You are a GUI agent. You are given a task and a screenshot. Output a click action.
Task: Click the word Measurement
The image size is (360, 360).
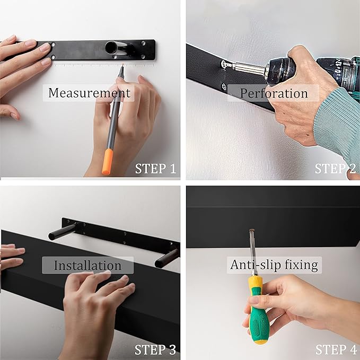[89, 93]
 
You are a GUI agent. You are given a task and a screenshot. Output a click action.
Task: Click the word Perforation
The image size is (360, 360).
[274, 93]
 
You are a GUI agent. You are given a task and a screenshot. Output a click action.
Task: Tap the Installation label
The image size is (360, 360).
[87, 265]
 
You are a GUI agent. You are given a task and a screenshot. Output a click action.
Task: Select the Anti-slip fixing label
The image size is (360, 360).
[274, 265]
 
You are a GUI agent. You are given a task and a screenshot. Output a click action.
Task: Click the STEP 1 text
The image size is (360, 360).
[155, 169]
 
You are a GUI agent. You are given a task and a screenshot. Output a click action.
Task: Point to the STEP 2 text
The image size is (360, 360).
[335, 169]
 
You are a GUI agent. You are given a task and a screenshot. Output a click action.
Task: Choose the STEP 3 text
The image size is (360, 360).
[155, 349]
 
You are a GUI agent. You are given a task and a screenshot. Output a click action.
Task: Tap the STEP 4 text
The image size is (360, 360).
[335, 349]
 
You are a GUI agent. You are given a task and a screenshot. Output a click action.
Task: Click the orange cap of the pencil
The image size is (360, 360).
[108, 161]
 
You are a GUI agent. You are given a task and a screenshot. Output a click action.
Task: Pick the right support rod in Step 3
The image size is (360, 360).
[166, 258]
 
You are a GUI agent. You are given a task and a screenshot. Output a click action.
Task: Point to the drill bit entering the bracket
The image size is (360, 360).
[227, 65]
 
